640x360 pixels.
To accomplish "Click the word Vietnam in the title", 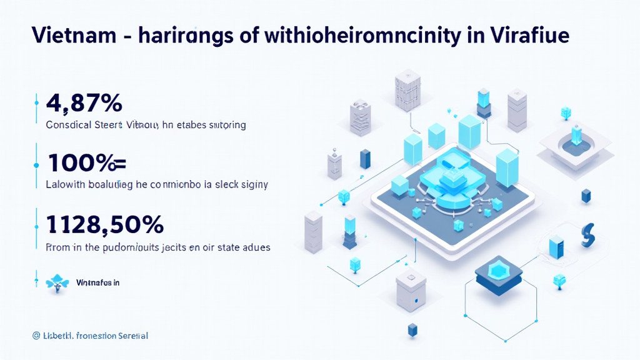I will click(69, 36).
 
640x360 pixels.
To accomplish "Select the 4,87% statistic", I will click(84, 102).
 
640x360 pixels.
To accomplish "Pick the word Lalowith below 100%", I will click(67, 185).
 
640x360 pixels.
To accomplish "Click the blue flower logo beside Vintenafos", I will click(57, 282).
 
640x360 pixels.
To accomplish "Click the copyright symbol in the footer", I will click(36, 336).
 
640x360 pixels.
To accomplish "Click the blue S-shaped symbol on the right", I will click(587, 234).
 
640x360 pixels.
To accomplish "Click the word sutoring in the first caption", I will click(227, 125).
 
